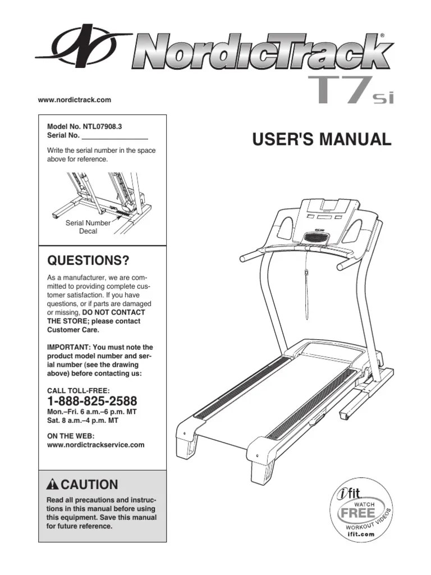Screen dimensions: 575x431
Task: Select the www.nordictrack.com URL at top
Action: click(75, 100)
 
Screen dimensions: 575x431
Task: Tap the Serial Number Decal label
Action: click(88, 227)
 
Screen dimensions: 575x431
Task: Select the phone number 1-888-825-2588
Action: click(92, 402)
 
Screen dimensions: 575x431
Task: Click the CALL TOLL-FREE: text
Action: click(78, 390)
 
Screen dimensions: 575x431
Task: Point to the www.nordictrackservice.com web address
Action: click(95, 444)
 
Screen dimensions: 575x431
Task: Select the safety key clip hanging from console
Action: click(307, 273)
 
